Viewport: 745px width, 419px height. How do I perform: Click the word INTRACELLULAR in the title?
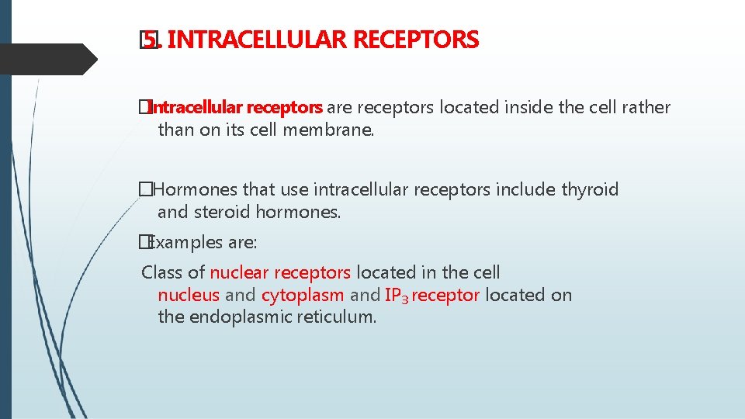pyautogui.click(x=256, y=39)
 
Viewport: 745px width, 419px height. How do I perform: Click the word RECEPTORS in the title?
pyautogui.click(x=415, y=39)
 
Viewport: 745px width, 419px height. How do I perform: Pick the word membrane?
pyautogui.click(x=336, y=130)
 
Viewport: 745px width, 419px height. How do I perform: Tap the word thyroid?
pyautogui.click(x=590, y=189)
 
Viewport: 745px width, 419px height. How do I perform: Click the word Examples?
pyautogui.click(x=185, y=243)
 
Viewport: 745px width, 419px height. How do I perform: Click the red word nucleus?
pyautogui.click(x=189, y=295)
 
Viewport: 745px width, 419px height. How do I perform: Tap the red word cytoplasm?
pyautogui.click(x=303, y=295)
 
